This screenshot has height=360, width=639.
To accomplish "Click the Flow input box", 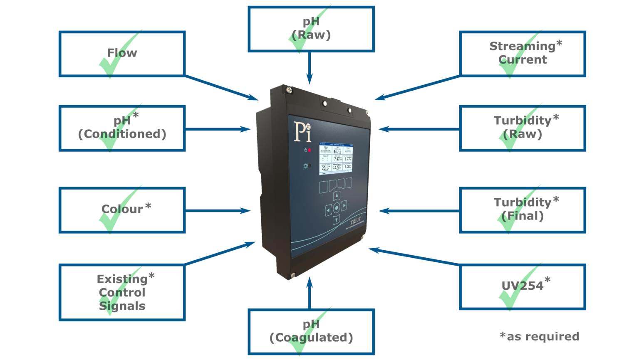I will coord(122,54).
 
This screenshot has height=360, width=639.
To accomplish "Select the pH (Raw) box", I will coord(311,29).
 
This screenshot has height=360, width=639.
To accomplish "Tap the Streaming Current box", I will coord(523,54).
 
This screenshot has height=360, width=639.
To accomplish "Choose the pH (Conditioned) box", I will coord(122,128).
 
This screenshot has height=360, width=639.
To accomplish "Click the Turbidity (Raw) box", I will coord(523,128).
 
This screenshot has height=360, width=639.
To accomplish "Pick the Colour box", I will coord(122,210).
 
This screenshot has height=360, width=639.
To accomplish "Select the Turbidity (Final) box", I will coord(523,210).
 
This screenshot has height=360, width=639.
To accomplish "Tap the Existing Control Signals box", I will coord(122,293).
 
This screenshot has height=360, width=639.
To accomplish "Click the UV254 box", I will coord(523,286).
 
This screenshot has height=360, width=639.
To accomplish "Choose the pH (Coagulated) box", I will coord(311,332).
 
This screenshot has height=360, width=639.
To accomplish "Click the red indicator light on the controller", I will coord(310,150).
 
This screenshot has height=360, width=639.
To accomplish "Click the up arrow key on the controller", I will coord(337,195).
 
